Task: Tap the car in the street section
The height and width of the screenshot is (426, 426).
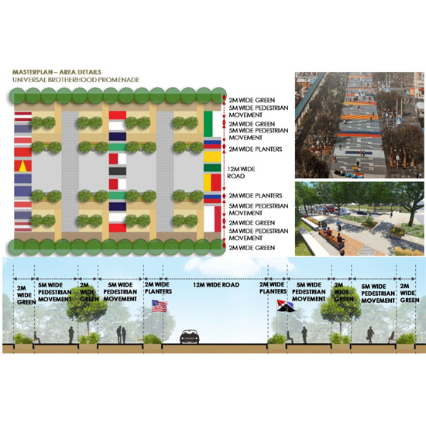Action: coord(190,337)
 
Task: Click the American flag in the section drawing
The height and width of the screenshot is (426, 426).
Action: coord(160,306)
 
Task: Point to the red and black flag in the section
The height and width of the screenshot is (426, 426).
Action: coord(285,305)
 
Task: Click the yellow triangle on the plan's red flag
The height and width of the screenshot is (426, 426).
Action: coord(23,166)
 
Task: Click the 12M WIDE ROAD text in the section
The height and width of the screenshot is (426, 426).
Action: coord(216,285)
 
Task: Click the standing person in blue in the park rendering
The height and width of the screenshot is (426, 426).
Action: coord(338,225)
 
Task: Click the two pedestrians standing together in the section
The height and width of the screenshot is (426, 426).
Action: coord(121,335)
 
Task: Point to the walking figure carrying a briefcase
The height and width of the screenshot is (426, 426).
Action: coord(370,335)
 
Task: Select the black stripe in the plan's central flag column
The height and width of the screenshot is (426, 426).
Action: coord(118,171)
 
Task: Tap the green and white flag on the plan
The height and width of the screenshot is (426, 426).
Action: coord(212,124)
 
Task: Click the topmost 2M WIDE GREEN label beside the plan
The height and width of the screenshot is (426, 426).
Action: coord(252,100)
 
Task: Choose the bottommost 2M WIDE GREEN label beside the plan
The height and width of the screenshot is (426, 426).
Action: coord(252,248)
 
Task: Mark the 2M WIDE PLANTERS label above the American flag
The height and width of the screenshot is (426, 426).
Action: coord(158,287)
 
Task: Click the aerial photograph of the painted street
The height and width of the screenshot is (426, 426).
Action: coord(359,125)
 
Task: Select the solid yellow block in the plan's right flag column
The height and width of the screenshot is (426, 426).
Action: coord(212,156)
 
